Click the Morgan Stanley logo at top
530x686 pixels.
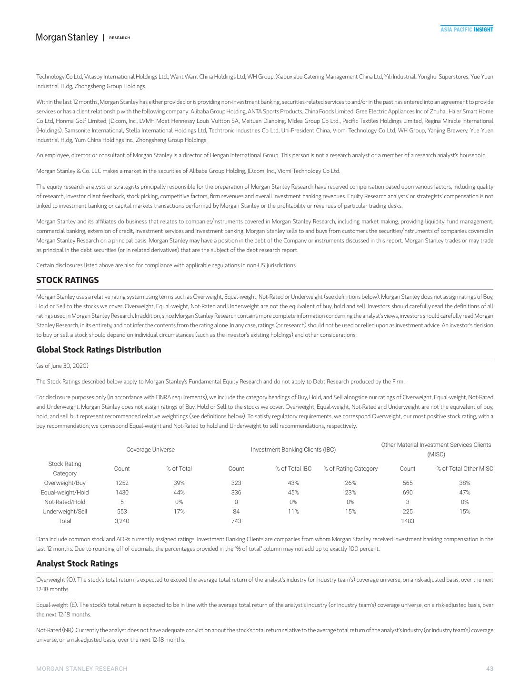pyautogui.click(x=67, y=37)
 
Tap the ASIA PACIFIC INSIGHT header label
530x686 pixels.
pyautogui.click(x=466, y=30)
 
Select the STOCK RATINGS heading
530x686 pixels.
pyautogui.click(x=68, y=280)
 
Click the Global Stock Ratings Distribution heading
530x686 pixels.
pyautogui.click(x=99, y=350)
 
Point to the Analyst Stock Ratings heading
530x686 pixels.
pyautogui.click(x=77, y=564)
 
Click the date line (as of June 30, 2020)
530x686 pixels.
pyautogui.click(x=62, y=366)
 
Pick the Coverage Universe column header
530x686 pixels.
pyautogui.click(x=150, y=450)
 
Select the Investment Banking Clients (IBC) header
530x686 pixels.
pyautogui.click(x=293, y=450)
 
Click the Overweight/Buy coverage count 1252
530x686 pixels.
pyautogui.click(x=122, y=483)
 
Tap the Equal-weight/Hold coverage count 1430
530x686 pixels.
pyautogui.click(x=122, y=493)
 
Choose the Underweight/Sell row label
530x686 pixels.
pyautogui.click(x=65, y=512)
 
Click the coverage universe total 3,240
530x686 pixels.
pyautogui.click(x=122, y=521)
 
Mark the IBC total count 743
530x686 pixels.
pyautogui.click(x=236, y=521)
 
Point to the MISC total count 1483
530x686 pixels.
pyautogui.click(x=408, y=521)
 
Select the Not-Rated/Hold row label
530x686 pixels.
pyautogui.click(x=65, y=502)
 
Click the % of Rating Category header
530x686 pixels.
pyautogui.click(x=350, y=469)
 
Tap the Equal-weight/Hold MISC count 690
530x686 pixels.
pyautogui.click(x=408, y=493)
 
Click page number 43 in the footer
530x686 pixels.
pyautogui.click(x=490, y=669)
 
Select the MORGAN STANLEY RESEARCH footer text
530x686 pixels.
pyautogui.click(x=82, y=669)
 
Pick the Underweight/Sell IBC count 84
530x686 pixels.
pyautogui.click(x=236, y=512)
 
